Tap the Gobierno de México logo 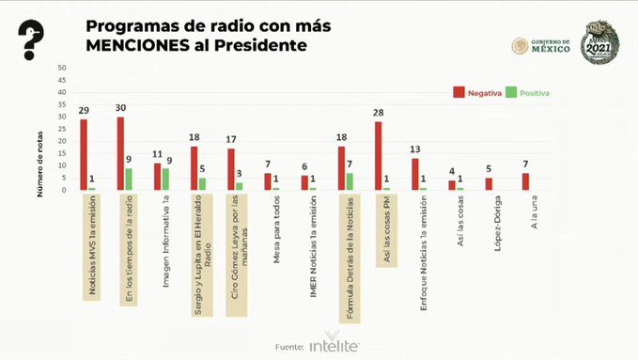pyautogui.click(x=542, y=46)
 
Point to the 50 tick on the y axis pyautogui.click(x=62, y=68)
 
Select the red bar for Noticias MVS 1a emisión pyautogui.click(x=84, y=154)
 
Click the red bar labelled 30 pyautogui.click(x=120, y=153)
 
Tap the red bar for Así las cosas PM pyautogui.click(x=378, y=156)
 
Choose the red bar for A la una pyautogui.click(x=525, y=181)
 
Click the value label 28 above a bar pyautogui.click(x=378, y=113)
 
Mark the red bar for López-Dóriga pyautogui.click(x=489, y=184)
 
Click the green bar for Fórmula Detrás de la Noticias pyautogui.click(x=350, y=181)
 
